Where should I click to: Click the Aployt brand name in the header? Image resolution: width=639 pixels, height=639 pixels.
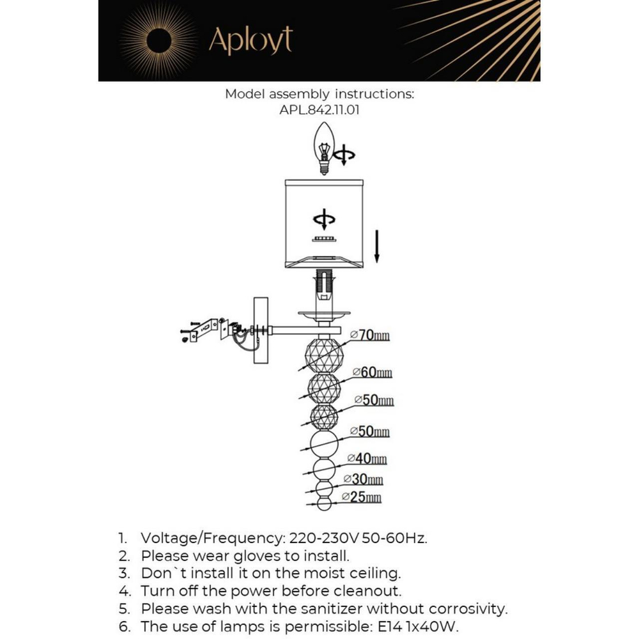250,42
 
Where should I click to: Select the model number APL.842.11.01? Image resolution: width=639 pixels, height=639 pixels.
319,110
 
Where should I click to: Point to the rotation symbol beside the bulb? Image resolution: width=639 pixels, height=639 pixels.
345,155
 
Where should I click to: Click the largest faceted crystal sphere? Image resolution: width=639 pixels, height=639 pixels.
323,355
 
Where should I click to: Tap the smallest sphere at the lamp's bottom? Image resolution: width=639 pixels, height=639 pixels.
324,504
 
